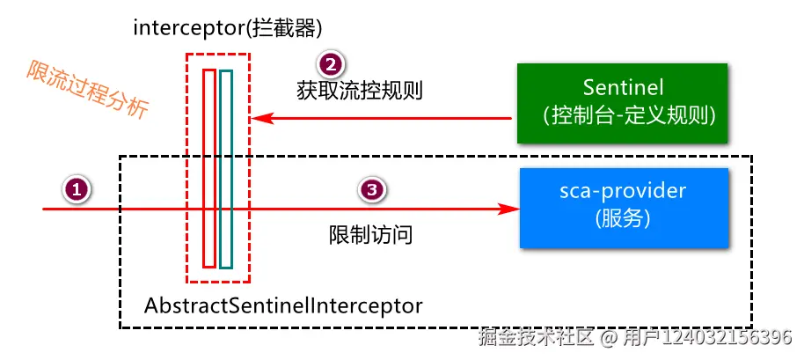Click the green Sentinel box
(x=622, y=103)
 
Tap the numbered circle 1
(x=77, y=189)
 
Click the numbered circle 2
(x=330, y=64)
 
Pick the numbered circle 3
(x=372, y=189)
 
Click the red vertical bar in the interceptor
(x=208, y=167)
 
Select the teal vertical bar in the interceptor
(x=226, y=167)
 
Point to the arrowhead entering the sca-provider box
(x=508, y=209)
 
